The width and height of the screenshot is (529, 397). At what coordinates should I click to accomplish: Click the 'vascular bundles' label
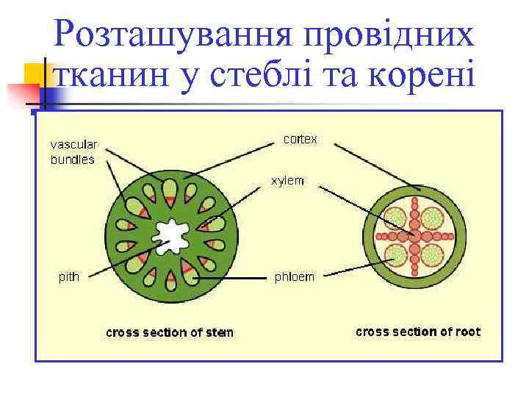point(73,152)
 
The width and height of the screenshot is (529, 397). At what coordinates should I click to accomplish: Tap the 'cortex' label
point(300,139)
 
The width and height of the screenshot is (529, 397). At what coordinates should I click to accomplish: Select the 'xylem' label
point(287,181)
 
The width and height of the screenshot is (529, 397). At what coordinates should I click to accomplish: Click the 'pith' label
point(69,277)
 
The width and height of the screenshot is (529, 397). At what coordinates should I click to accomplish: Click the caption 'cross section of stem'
point(170,332)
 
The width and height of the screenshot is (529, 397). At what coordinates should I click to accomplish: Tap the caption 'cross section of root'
point(418,332)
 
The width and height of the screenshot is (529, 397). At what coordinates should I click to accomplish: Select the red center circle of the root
point(415,236)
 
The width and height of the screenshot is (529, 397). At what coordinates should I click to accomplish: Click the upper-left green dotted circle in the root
point(396,218)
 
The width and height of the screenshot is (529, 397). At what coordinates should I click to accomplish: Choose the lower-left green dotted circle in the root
point(396,255)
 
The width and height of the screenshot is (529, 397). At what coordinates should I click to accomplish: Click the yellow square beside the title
point(33,74)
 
